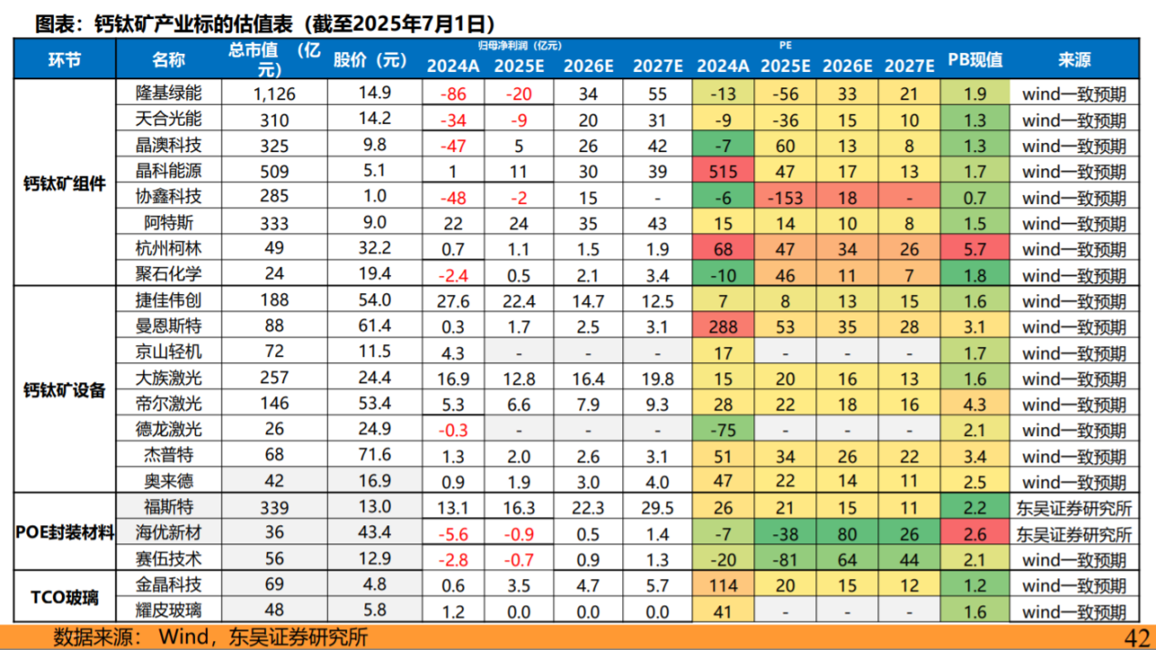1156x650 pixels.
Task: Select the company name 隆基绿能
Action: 169,93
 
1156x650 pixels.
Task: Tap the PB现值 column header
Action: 975,61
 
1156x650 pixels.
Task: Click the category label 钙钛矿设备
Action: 65,391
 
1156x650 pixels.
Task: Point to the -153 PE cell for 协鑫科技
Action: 785,198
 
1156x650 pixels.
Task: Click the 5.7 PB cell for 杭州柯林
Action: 975,249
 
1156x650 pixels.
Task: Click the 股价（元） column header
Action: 369,61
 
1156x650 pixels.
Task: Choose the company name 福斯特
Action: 169,507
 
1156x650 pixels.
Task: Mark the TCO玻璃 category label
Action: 65,598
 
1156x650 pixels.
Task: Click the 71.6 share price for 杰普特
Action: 374,454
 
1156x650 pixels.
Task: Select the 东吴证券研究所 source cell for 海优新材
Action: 1074,533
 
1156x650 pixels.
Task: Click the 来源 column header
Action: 1074,61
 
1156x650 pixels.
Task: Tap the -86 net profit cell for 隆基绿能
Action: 453,94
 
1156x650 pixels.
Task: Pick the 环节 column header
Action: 65,61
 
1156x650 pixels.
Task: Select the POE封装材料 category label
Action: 65,533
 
